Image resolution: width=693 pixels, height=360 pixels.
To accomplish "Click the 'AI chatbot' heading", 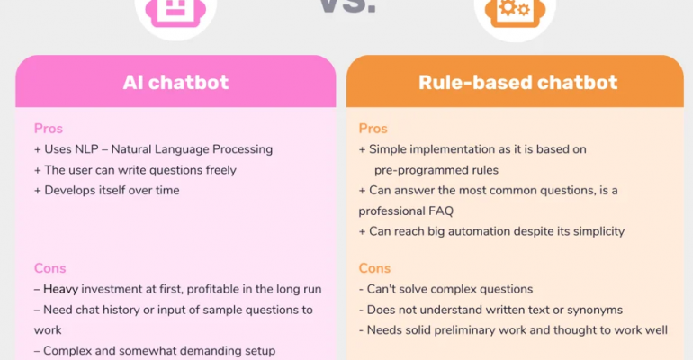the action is coord(175,82).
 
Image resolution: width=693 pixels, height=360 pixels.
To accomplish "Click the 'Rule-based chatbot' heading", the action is coord(517,82).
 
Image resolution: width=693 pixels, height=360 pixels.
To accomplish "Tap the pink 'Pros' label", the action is coord(49,129).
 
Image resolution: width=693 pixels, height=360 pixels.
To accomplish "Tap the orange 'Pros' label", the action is coord(373,129).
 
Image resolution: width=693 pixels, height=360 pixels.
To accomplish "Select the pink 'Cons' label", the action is coord(49,268).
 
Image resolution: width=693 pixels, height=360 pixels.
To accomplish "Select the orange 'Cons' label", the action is coord(374,268).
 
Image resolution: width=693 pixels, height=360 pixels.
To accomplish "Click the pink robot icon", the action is coord(175,11).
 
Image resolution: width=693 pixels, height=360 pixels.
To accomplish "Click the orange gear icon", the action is coord(515,11).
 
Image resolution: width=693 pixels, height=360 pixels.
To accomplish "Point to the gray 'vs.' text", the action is coord(347,5).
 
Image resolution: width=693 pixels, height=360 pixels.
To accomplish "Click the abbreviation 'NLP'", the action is coord(85,149).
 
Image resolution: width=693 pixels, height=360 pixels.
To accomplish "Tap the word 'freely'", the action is coord(221,170).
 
